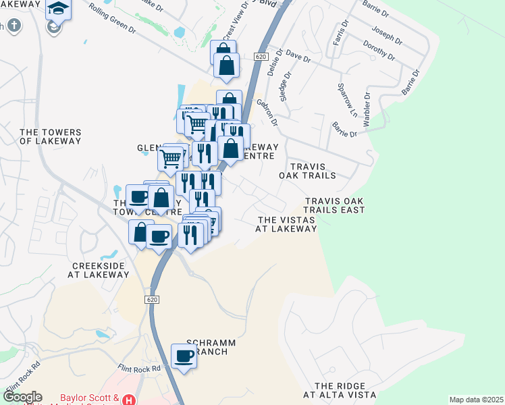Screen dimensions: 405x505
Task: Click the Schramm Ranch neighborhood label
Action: [x=211, y=348]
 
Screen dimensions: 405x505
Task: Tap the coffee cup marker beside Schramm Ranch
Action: [x=183, y=356]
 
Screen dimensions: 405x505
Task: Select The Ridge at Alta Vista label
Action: [x=338, y=389]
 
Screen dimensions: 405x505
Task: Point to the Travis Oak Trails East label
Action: [x=334, y=206]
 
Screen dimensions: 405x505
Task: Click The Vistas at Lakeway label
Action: [x=286, y=225]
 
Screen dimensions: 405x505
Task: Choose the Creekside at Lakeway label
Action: [x=99, y=270]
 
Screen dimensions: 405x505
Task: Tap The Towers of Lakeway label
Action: [x=50, y=137]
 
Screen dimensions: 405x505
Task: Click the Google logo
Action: [x=22, y=397]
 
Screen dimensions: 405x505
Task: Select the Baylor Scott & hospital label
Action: [x=90, y=398]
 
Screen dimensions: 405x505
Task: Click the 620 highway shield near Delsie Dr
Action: [x=262, y=57]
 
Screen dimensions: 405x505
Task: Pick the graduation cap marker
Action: [x=58, y=10]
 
